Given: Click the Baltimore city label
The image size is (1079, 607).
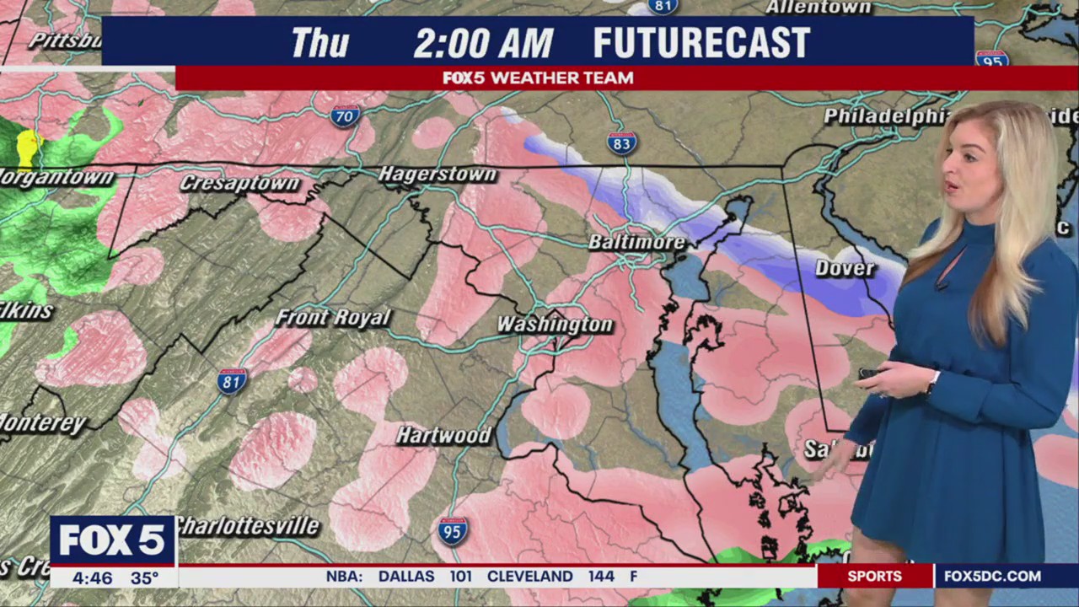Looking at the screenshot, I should pyautogui.click(x=636, y=242).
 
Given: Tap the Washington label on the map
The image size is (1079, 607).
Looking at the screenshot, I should pyautogui.click(x=554, y=325).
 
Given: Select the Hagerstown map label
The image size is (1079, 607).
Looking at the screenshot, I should pyautogui.click(x=438, y=175).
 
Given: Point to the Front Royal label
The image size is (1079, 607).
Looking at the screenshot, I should pyautogui.click(x=333, y=318).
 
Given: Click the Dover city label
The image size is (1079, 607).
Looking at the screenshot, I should pyautogui.click(x=845, y=268).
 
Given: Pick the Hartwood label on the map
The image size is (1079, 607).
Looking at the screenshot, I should pyautogui.click(x=443, y=435).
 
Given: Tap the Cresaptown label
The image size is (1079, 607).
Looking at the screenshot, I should pyautogui.click(x=239, y=183).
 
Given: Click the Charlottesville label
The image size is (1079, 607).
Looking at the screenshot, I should pyautogui.click(x=247, y=526).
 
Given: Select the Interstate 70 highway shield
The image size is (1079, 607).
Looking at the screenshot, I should pyautogui.click(x=346, y=116).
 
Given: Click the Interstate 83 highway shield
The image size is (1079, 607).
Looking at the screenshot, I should pyautogui.click(x=621, y=143).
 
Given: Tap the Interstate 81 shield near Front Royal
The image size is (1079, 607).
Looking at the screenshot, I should pyautogui.click(x=232, y=381).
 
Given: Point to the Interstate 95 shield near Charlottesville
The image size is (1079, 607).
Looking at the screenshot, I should pyautogui.click(x=453, y=531).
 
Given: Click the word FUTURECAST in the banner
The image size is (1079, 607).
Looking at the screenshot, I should pyautogui.click(x=701, y=43).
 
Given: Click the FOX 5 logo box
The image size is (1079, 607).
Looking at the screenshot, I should pyautogui.click(x=112, y=540).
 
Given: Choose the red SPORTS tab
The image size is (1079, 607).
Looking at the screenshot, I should pyautogui.click(x=874, y=577).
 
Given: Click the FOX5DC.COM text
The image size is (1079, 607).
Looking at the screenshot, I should pyautogui.click(x=992, y=577).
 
